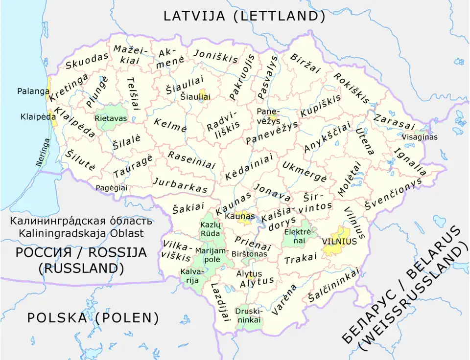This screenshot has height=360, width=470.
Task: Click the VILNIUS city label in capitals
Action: [340, 241]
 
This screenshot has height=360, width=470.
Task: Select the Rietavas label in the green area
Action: [111, 118]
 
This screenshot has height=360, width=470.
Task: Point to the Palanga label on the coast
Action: [33, 91]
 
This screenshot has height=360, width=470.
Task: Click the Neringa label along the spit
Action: [43, 152]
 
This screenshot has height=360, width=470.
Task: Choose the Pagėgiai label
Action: [111, 187]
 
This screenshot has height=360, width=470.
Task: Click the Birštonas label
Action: [249, 254]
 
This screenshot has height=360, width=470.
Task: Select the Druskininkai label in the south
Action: [249, 315]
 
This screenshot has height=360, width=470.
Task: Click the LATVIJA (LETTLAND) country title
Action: [244, 16]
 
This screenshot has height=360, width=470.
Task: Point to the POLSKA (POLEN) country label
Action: [93, 318]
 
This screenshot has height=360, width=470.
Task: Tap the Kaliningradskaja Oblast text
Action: [81, 233]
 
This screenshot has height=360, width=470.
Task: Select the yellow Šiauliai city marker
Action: [203, 92]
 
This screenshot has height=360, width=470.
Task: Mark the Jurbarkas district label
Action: [181, 185]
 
